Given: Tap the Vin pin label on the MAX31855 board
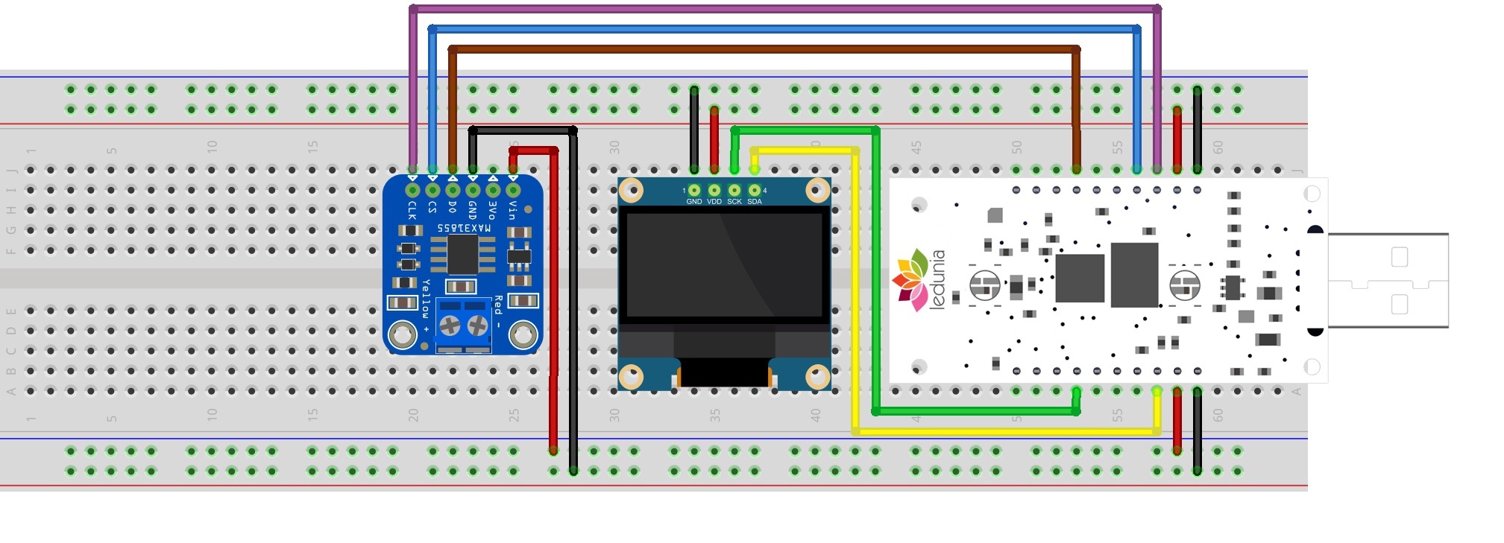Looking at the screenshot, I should point(513,211).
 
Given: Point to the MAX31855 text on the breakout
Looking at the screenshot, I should point(463,228).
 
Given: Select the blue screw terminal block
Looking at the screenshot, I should point(463,325).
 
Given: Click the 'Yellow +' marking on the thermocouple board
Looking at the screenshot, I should point(426,305).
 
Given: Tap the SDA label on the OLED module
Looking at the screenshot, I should point(755,202).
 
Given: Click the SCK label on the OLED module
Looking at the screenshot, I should point(734,202).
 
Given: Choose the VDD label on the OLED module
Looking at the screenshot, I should point(714,202).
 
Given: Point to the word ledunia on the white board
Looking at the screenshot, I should point(938,279).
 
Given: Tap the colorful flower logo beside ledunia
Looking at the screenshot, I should point(910,280).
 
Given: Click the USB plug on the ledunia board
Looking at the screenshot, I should point(1388,280).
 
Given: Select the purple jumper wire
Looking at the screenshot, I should point(783,9).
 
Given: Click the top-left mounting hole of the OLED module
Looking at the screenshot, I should point(631,190).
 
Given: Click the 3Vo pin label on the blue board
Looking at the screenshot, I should point(493,209).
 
